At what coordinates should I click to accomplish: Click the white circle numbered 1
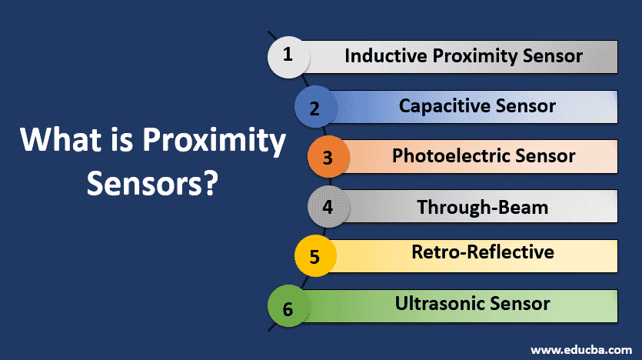click(288, 57)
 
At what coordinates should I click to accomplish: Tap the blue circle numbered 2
click(315, 106)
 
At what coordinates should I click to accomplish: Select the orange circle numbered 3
click(328, 156)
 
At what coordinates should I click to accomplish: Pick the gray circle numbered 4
click(328, 206)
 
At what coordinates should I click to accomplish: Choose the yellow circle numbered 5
click(315, 256)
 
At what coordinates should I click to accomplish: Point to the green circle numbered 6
click(288, 306)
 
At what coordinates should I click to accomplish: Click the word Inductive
click(386, 55)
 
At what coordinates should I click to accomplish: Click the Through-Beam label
click(482, 207)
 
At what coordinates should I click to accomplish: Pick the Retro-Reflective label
click(483, 252)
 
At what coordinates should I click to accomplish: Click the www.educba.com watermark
click(581, 350)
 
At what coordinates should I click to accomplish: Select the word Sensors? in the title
click(152, 184)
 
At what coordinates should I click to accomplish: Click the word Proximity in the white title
click(215, 142)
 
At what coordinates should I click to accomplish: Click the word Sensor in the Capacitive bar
click(526, 105)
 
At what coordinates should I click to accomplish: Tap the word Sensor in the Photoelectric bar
click(545, 155)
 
